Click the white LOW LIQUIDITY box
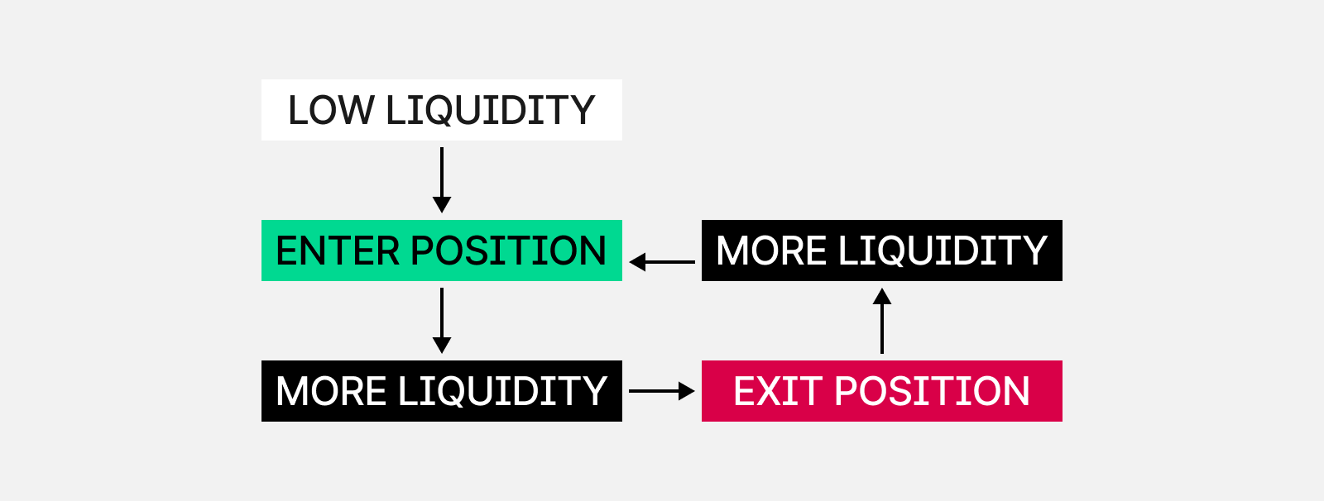pyautogui.click(x=442, y=110)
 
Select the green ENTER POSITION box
pyautogui.click(x=442, y=250)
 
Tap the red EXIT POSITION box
pyautogui.click(x=882, y=391)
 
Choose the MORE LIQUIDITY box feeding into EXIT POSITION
pyautogui.click(x=442, y=391)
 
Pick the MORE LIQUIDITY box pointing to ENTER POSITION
pyautogui.click(x=882, y=250)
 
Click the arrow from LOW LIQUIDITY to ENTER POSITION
pyautogui.click(x=442, y=180)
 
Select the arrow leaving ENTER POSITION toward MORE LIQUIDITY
pyautogui.click(x=442, y=321)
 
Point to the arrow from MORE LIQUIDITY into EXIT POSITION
pyautogui.click(x=662, y=391)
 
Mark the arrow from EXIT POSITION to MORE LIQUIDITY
pyautogui.click(x=882, y=321)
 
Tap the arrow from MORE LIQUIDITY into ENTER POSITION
pyautogui.click(x=662, y=262)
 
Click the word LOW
pyautogui.click(x=331, y=111)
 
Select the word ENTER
pyautogui.click(x=338, y=251)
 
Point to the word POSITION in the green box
pyautogui.click(x=508, y=251)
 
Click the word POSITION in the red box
pyautogui.click(x=932, y=392)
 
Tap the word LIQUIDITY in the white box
pyautogui.click(x=490, y=111)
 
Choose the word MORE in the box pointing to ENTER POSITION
pyautogui.click(x=771, y=251)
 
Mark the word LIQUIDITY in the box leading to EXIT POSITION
pyautogui.click(x=503, y=392)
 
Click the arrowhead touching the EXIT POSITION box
pyautogui.click(x=687, y=391)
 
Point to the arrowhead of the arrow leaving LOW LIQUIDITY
pyautogui.click(x=442, y=205)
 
